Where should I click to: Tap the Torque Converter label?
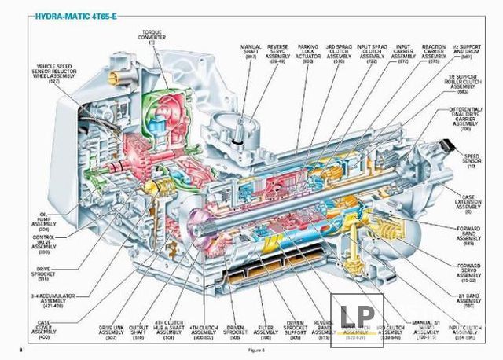tap(156, 32)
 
